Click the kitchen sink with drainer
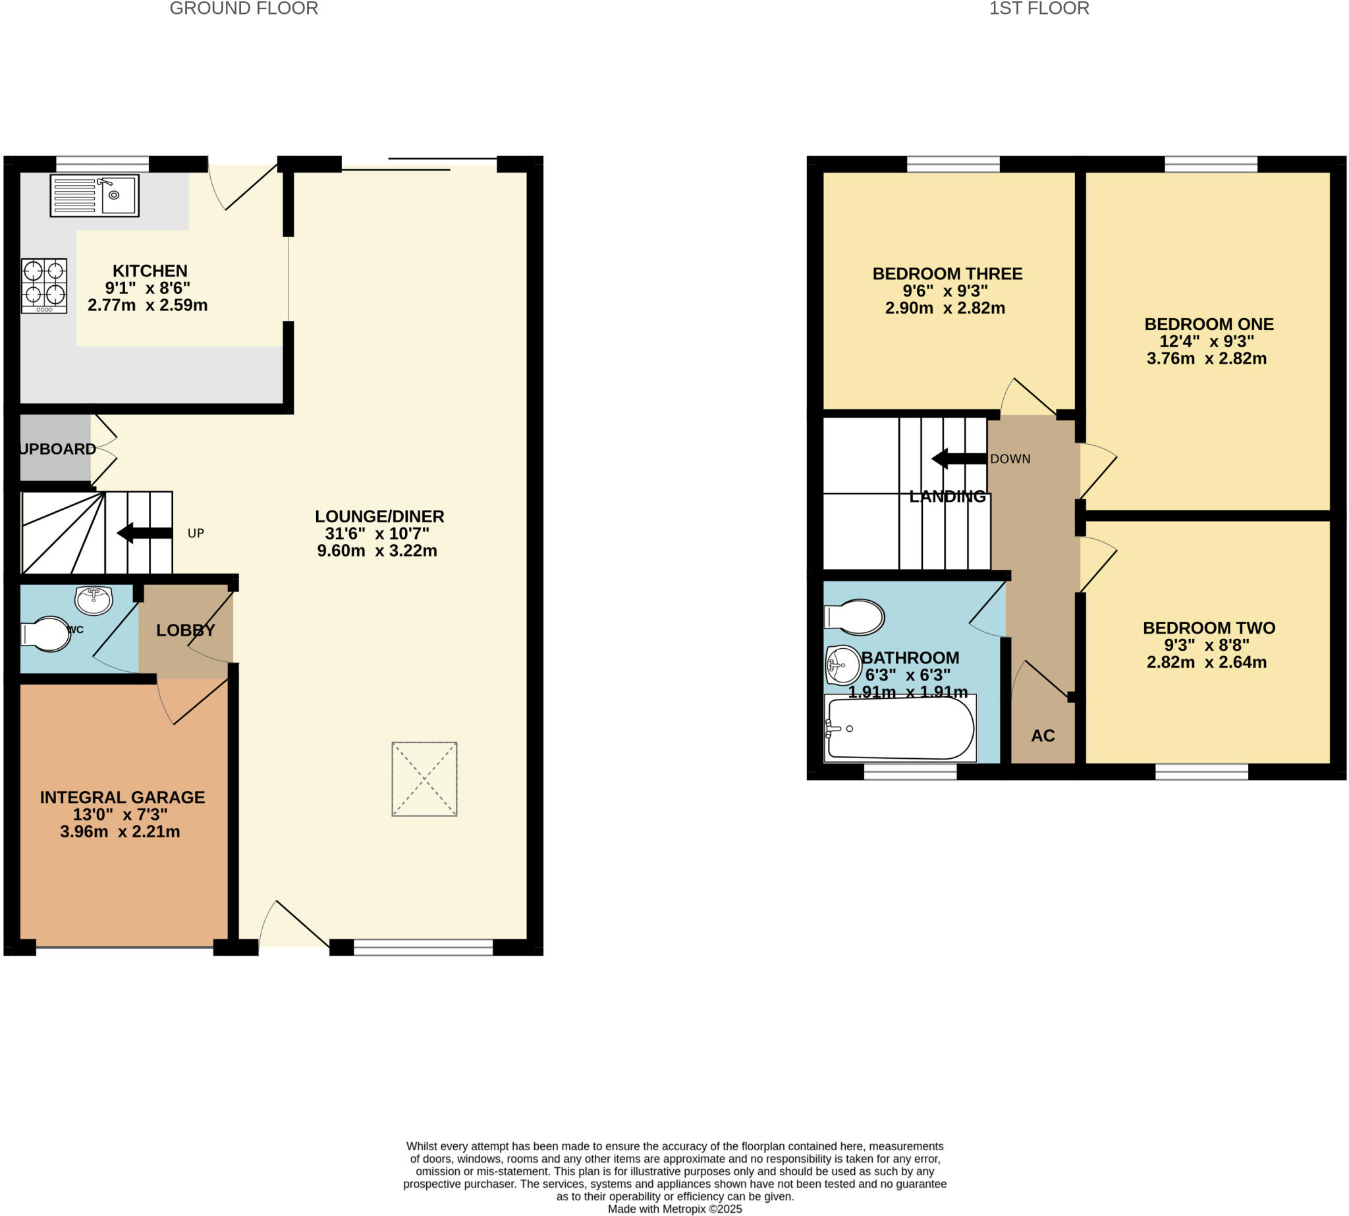click(x=94, y=195)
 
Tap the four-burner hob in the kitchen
click(x=44, y=285)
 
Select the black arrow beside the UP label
click(x=144, y=532)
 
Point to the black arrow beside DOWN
click(x=958, y=458)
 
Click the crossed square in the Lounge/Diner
click(x=424, y=779)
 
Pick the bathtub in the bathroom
click(x=899, y=728)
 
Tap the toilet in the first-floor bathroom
click(x=855, y=616)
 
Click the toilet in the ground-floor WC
click(x=45, y=634)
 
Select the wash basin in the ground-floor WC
click(x=94, y=599)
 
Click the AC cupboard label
click(x=1042, y=736)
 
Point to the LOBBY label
click(x=186, y=630)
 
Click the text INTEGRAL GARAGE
click(x=123, y=797)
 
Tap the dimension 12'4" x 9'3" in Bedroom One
click(x=1206, y=341)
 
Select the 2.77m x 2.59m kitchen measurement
click(x=148, y=306)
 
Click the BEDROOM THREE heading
click(x=947, y=273)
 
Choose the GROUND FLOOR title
click(x=244, y=9)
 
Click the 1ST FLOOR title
click(x=1039, y=9)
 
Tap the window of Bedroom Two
click(x=1201, y=772)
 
